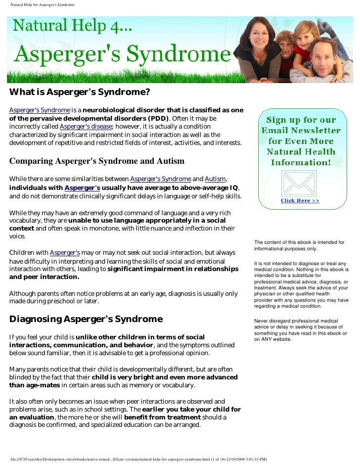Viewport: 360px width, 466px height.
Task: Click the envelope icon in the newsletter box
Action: (299, 183)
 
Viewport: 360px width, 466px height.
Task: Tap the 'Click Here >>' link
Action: (300, 201)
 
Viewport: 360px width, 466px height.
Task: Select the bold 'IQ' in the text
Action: (234, 187)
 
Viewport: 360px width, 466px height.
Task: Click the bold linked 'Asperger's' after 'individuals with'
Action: (82, 188)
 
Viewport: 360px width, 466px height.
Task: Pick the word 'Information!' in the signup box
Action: (300, 162)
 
